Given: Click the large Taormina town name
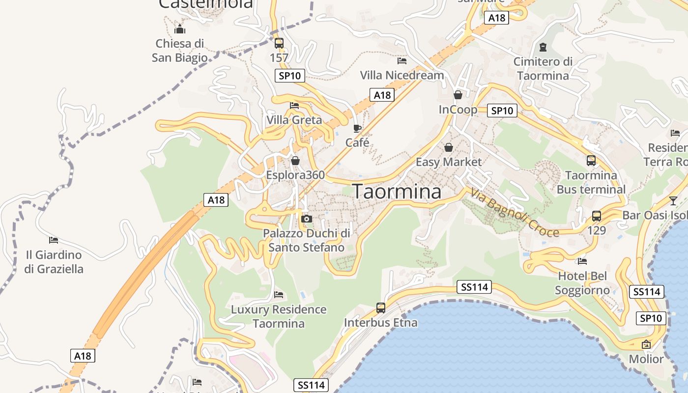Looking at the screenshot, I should pyautogui.click(x=397, y=192).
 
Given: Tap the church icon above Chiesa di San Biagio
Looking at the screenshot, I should pyautogui.click(x=180, y=29).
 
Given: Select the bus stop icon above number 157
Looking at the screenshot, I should pyautogui.click(x=279, y=43).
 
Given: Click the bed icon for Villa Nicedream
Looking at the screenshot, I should pyautogui.click(x=402, y=61).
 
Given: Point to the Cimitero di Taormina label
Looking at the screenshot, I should pyautogui.click(x=543, y=69).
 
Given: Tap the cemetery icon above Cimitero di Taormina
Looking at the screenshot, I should pyautogui.click(x=543, y=47).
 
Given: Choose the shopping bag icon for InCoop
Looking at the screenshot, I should pyautogui.click(x=458, y=95).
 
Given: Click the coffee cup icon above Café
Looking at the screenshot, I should pyautogui.click(x=357, y=129).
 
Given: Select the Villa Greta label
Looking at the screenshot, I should pyautogui.click(x=294, y=120).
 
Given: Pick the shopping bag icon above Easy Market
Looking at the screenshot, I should pyautogui.click(x=449, y=147).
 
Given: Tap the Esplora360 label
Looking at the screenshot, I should pyautogui.click(x=295, y=175).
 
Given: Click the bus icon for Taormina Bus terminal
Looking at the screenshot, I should pyautogui.click(x=591, y=160).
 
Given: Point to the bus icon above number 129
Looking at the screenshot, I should pyautogui.click(x=597, y=216).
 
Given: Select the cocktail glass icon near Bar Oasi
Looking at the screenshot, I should pyautogui.click(x=673, y=200).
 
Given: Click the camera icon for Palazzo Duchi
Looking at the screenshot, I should pyautogui.click(x=307, y=219).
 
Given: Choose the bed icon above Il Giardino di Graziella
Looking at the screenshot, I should pyautogui.click(x=54, y=240).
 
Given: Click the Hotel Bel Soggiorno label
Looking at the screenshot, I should pyautogui.click(x=582, y=283).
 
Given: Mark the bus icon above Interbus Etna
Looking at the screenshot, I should pyautogui.click(x=381, y=308).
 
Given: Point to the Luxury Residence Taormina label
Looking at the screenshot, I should pyautogui.click(x=279, y=316).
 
